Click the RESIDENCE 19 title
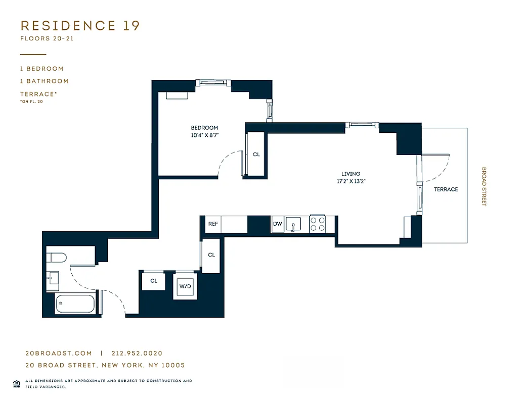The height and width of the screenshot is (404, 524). coord(80,26)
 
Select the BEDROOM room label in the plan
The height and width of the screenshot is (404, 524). coord(204,128)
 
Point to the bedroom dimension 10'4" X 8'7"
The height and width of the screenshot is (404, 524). coord(204,135)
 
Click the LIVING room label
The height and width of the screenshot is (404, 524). coord(351,174)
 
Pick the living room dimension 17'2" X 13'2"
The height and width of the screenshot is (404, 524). coord(351,181)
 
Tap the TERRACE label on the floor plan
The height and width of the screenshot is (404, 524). coord(446,189)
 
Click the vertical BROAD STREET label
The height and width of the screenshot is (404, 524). coord(484,187)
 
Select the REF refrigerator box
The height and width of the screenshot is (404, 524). coord(213,224)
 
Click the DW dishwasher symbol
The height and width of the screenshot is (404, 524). coord(278,224)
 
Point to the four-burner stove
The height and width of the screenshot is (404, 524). coord(317,224)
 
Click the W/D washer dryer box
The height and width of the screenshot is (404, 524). coord(185,286)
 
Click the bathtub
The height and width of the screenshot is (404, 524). coord(75,304)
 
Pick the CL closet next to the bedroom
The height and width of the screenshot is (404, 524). coord(256,154)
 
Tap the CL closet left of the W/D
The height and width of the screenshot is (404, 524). coord(153,281)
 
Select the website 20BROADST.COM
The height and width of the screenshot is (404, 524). coord(59,353)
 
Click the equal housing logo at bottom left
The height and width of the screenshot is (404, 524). coord(17,382)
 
